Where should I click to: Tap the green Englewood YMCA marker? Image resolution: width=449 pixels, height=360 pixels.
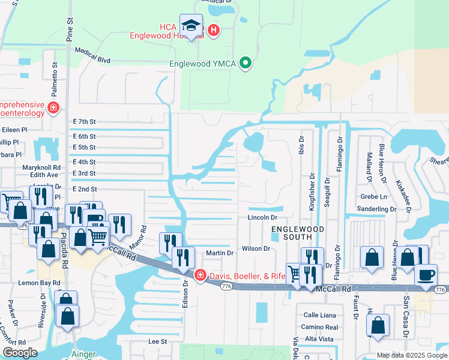245,63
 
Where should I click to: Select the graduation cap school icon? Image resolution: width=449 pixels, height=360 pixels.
191,26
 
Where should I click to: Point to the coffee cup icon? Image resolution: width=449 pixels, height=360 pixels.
426,275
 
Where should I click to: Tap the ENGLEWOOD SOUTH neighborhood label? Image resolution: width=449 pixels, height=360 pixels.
298,233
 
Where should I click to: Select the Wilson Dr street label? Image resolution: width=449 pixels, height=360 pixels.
256,248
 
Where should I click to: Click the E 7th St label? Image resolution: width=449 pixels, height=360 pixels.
83,121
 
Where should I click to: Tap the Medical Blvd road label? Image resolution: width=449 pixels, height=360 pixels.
93,55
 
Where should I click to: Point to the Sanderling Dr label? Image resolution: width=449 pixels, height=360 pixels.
376,209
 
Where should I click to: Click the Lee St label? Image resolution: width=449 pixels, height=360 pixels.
157,341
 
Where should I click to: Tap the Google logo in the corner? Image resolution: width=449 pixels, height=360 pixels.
20,353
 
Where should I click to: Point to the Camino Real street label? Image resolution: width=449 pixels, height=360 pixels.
319,328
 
